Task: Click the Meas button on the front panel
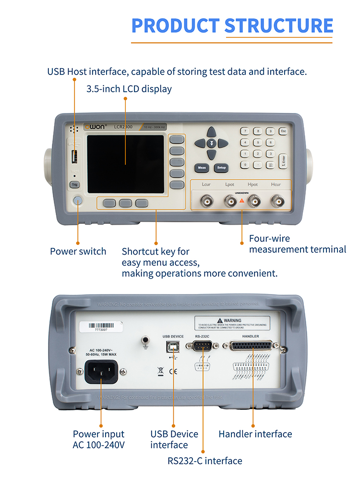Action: click(202, 168)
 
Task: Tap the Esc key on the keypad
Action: click(283, 131)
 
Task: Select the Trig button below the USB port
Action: click(74, 184)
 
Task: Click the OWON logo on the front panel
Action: click(94, 127)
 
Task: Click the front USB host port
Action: click(74, 157)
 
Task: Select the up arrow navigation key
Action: click(212, 132)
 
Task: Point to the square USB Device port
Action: click(173, 346)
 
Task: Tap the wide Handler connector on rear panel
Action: click(251, 346)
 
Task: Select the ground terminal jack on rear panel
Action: click(144, 341)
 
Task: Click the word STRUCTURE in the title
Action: click(278, 25)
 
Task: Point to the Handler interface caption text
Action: click(255, 434)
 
